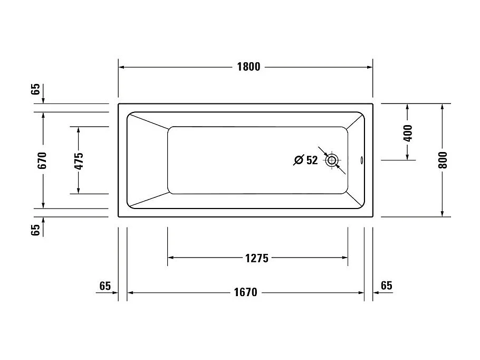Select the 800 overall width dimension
[443, 160]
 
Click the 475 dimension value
[79, 160]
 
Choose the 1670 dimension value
[245, 292]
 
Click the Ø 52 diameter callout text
[305, 160]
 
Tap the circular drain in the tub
[332, 160]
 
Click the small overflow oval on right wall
[361, 160]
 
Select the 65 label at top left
[35, 88]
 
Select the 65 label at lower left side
[35, 230]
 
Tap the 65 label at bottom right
[386, 286]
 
